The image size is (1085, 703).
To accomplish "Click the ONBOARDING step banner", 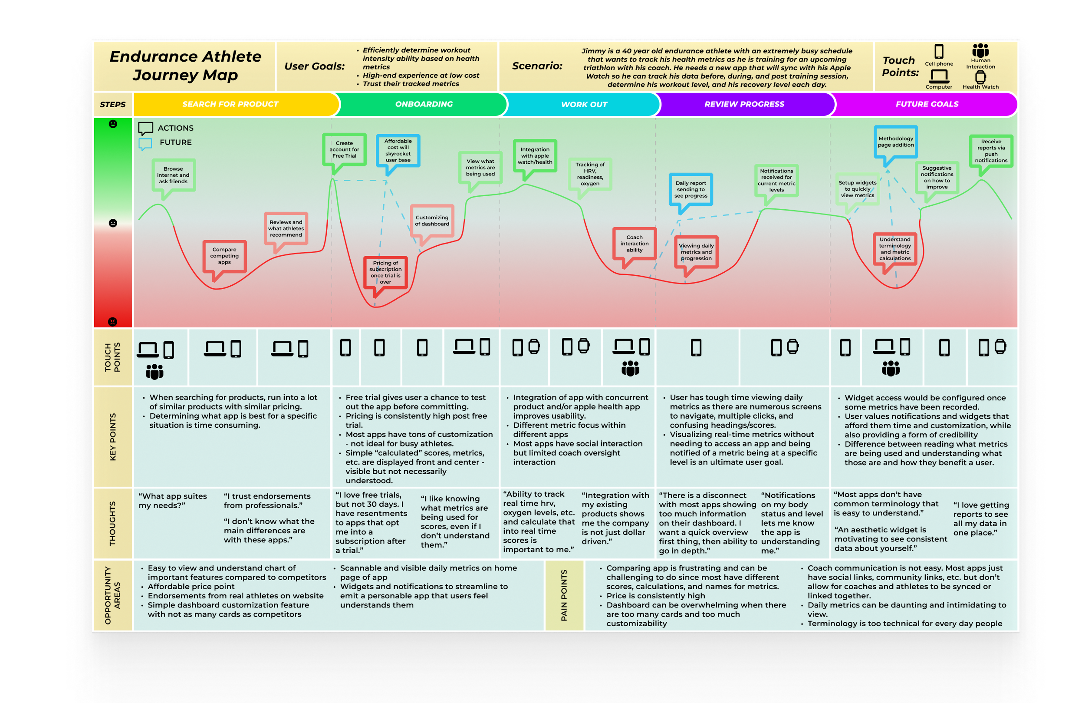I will point(424,104).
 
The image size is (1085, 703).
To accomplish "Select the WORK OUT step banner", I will point(584,105).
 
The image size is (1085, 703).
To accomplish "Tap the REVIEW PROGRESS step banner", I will point(744,104).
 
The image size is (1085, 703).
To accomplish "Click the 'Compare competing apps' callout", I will point(224,256).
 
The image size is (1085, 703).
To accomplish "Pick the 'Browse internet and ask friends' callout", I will point(173,175).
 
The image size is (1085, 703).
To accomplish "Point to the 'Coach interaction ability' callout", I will point(634,244).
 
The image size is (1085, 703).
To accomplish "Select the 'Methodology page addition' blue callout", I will point(895,142).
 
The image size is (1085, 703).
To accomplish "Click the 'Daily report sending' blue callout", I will point(690,189).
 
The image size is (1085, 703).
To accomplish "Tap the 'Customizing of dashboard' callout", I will point(432,221).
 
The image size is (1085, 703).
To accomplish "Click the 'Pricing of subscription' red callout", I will point(385,272).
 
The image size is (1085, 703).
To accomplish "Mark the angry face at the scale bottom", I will point(112,322).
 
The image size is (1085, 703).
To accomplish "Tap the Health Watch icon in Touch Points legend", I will point(980,78).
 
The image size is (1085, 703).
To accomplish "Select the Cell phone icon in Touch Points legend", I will point(939,51).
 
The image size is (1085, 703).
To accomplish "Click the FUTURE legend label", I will point(175,142).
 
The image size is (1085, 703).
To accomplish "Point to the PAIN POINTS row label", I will point(564,595).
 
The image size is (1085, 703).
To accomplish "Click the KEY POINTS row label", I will point(112,436).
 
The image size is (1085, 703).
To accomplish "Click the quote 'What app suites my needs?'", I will point(172,501).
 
